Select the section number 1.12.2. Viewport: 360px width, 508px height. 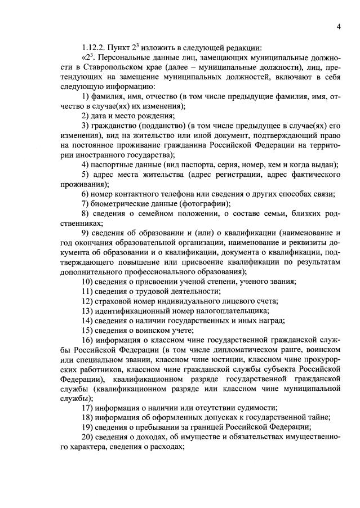click(94, 47)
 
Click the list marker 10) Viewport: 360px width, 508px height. click(88, 281)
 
